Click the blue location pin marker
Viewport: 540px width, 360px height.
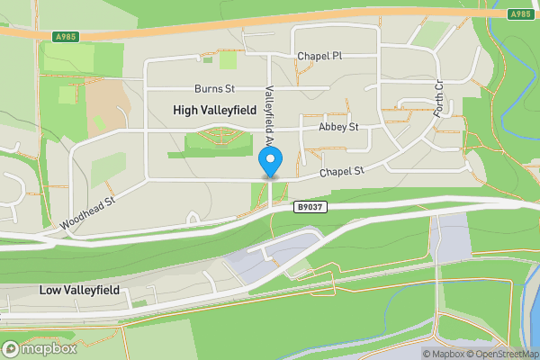click(x=270, y=162)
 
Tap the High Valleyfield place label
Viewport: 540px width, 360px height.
click(x=214, y=110)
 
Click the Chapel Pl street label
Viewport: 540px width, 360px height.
click(x=320, y=56)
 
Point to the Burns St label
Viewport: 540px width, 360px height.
click(x=214, y=89)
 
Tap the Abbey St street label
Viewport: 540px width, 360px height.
click(x=337, y=128)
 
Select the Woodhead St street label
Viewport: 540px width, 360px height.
click(x=88, y=213)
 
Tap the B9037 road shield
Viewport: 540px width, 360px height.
click(x=310, y=207)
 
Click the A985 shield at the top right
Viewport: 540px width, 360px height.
click(x=519, y=13)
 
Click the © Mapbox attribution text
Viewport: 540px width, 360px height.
click(x=446, y=354)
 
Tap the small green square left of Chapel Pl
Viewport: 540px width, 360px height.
click(x=228, y=60)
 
